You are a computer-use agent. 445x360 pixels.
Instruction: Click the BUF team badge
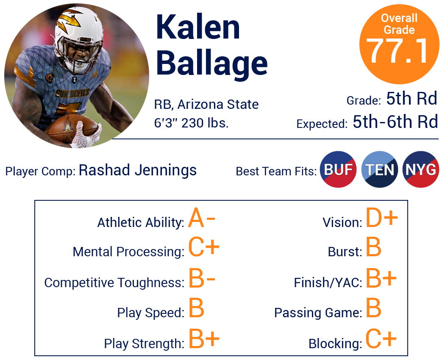coord(338,169)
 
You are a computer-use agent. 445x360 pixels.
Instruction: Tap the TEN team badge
coord(379,169)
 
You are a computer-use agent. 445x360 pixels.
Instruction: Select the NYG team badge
coord(420,169)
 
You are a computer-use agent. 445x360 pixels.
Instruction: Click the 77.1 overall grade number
coord(398,51)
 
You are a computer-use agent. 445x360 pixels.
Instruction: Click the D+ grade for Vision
coord(382,218)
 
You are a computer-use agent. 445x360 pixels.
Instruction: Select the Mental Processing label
coord(128,252)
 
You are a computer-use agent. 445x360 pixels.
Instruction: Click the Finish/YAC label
coord(328,283)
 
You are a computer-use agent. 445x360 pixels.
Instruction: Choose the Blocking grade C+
coord(381,338)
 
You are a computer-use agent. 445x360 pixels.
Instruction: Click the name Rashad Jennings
coord(138,171)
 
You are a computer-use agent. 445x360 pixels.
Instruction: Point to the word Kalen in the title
coord(198,27)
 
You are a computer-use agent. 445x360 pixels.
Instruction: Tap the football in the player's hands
coord(71,127)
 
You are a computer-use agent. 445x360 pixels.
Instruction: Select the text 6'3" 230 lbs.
coord(191,123)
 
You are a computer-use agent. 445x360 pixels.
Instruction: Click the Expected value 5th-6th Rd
coord(395,122)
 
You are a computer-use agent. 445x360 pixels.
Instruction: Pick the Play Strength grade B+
coord(204,338)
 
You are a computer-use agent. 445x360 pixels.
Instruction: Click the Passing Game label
coord(318,313)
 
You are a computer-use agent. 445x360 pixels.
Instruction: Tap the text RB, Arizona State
coord(206,104)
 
